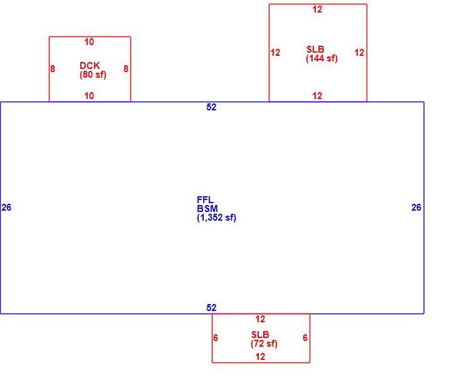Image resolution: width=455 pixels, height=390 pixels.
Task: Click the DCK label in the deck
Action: click(90, 66)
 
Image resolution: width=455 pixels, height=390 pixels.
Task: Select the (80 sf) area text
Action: click(93, 75)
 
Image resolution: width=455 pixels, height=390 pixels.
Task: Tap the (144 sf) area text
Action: click(322, 58)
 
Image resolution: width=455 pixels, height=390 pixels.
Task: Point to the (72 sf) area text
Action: click(264, 344)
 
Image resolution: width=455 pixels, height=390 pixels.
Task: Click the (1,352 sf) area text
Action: click(216, 218)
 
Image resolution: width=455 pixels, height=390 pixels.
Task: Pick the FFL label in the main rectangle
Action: click(205, 200)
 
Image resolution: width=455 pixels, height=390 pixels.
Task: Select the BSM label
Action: click(207, 209)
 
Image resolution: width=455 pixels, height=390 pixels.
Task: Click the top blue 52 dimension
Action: click(211, 107)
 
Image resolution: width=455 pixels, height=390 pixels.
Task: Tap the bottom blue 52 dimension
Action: click(211, 307)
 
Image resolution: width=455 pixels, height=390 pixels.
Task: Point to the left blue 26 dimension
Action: click(6, 208)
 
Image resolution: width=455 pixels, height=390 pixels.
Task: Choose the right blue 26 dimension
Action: click(416, 208)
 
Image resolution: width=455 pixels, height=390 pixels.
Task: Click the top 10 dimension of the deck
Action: click(89, 42)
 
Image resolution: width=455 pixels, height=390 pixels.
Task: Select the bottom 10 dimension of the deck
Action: click(89, 96)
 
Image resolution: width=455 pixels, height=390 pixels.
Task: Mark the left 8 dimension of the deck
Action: click(53, 69)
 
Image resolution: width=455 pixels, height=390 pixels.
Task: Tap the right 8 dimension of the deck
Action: click(126, 69)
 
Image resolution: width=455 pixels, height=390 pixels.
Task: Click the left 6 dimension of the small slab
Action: click(216, 338)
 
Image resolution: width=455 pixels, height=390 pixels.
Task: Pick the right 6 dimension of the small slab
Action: click(305, 338)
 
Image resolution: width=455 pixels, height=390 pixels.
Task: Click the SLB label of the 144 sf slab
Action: click(315, 50)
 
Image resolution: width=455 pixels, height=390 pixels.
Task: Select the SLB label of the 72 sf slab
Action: click(260, 335)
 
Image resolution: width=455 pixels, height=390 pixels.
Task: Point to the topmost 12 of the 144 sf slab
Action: click(317, 9)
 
